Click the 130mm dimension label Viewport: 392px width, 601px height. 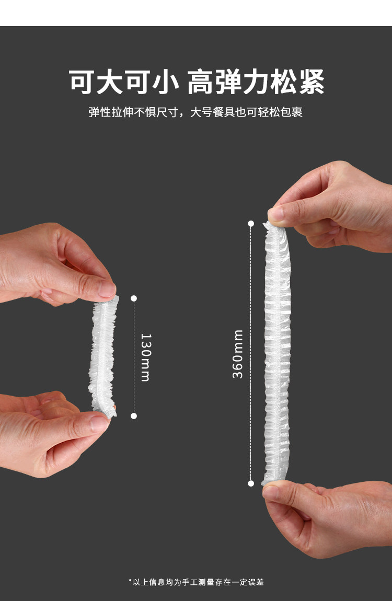point(146,357)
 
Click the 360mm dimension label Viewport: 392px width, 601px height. point(238,354)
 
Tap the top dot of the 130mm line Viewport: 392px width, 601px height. point(134,298)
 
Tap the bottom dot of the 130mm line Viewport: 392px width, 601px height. point(134,416)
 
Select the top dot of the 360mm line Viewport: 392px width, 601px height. point(251,224)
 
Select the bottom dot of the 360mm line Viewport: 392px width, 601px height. point(251,483)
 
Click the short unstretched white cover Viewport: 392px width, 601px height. point(102,356)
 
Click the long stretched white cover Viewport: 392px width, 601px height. point(277,353)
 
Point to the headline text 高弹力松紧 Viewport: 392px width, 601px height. point(256,82)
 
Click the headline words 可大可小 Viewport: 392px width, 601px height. point(124,82)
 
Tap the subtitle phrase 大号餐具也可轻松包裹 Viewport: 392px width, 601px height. point(246,112)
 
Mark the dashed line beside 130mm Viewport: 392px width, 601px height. point(134,357)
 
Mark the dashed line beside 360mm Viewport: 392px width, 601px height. point(251,353)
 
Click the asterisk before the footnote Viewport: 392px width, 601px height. point(130,581)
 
